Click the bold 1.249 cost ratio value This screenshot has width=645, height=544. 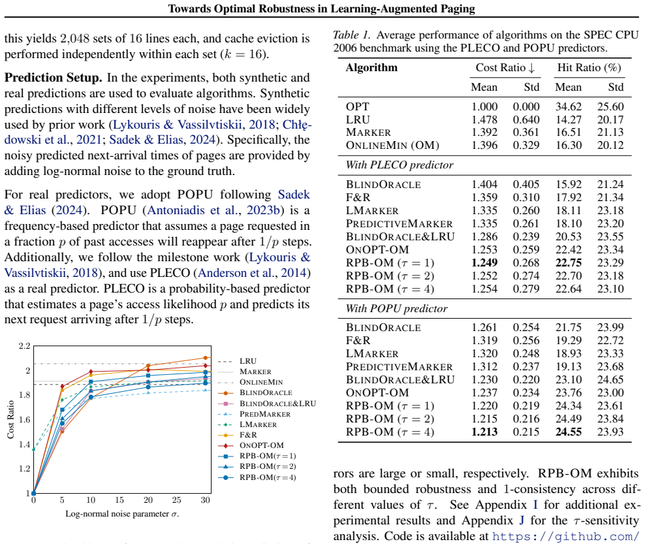tap(484, 263)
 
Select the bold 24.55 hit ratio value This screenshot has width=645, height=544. tap(568, 432)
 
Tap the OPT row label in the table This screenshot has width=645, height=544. tap(358, 106)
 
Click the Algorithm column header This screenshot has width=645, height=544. tap(371, 67)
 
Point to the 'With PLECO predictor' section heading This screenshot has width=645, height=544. tap(399, 165)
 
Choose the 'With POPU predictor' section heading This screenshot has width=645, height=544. tap(396, 309)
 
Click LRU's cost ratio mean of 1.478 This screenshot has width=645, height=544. tap(484, 120)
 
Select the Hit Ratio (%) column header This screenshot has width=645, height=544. tap(589, 67)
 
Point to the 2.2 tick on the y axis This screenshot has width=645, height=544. tap(24, 345)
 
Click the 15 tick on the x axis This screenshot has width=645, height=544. tap(119, 500)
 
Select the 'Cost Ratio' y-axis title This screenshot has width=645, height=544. tap(10, 419)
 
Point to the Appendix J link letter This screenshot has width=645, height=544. tap(522, 520)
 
